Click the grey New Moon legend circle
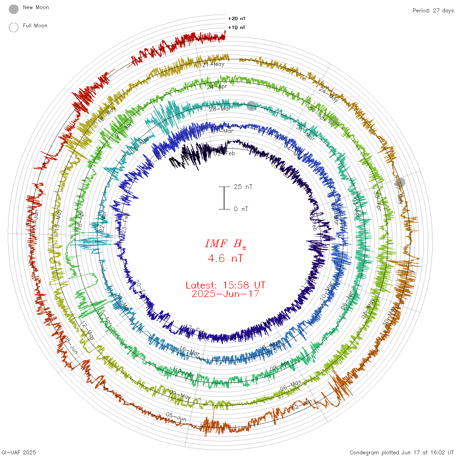pyautogui.click(x=14, y=9)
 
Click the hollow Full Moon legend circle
pyautogui.click(x=14, y=27)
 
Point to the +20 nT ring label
pyautogui.click(x=237, y=19)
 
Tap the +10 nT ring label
pyautogui.click(x=237, y=27)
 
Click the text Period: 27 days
pyautogui.click(x=433, y=10)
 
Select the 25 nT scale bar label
pyautogui.click(x=243, y=187)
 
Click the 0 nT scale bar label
pyautogui.click(x=241, y=209)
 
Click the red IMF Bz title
pyautogui.click(x=225, y=244)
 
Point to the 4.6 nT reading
pyautogui.click(x=225, y=259)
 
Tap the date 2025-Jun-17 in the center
pyautogui.click(x=225, y=294)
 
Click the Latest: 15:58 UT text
pyautogui.click(x=225, y=285)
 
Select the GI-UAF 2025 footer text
pyautogui.click(x=19, y=452)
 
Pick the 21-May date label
pyautogui.click(x=213, y=64)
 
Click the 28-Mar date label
pyautogui.click(x=220, y=109)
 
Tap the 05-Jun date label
pyautogui.click(x=176, y=416)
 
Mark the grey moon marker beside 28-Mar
pyautogui.click(x=251, y=106)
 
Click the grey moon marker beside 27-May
pyautogui.click(x=400, y=182)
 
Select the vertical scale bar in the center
pyautogui.click(x=224, y=198)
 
